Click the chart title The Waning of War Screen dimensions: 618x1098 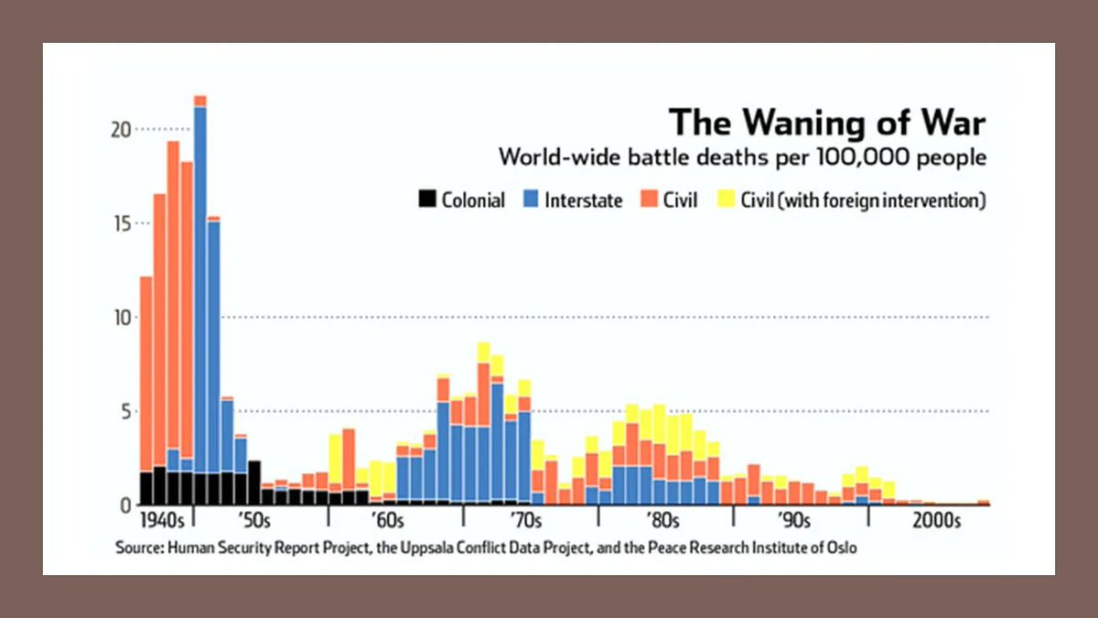pyautogui.click(x=827, y=123)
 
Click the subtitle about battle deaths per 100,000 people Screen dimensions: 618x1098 pyautogui.click(x=742, y=157)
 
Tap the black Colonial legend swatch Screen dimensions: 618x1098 pyautogui.click(x=427, y=200)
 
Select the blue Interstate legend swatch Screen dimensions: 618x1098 pyautogui.click(x=531, y=200)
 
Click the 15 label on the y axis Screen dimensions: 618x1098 pyautogui.click(x=118, y=224)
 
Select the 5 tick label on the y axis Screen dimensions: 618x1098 pyautogui.click(x=124, y=411)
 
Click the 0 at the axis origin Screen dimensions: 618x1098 pyautogui.click(x=124, y=504)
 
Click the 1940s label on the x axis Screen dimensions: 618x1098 pyautogui.click(x=162, y=522)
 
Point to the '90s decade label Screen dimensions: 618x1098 pyautogui.click(x=794, y=522)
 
